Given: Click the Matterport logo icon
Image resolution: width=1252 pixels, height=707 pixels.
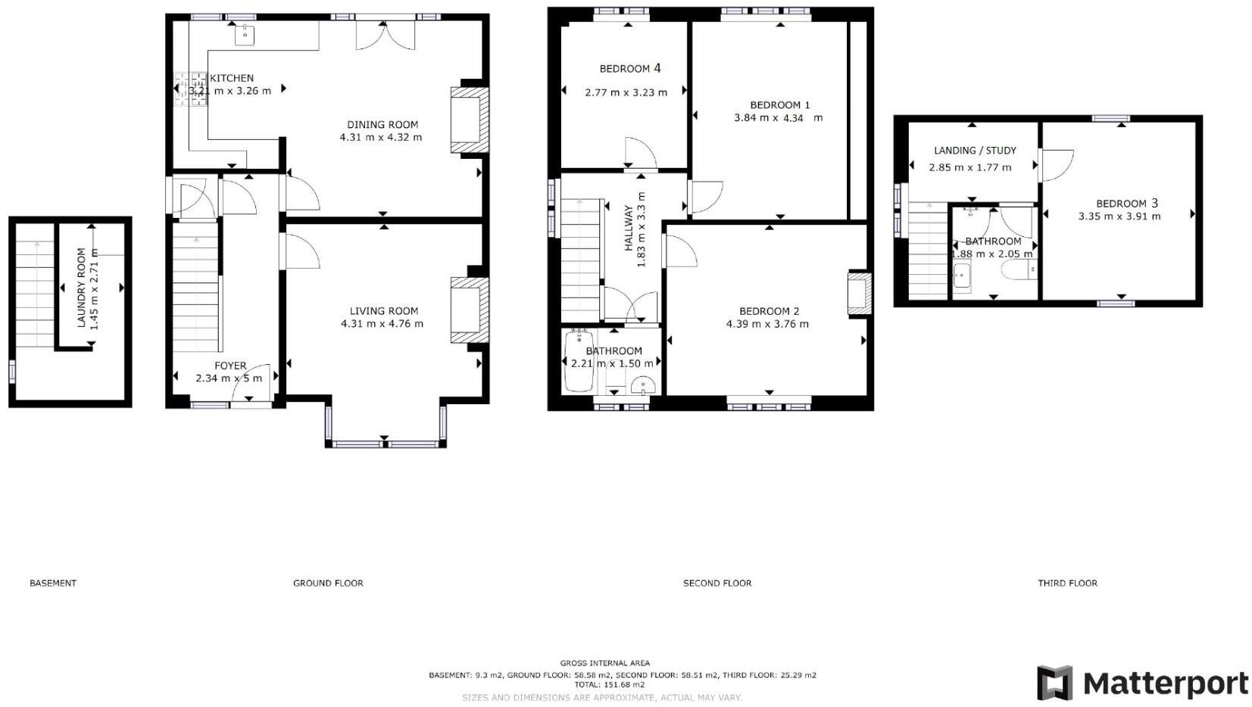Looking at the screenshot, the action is (1055, 683).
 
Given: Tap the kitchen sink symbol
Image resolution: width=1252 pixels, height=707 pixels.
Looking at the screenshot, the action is (245, 35).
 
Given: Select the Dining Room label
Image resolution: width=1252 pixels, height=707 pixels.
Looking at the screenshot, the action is (382, 125).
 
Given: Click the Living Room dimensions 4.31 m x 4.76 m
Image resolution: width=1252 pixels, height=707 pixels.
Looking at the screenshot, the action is (382, 323).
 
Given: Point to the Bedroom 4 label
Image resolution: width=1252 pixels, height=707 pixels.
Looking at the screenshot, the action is (630, 69).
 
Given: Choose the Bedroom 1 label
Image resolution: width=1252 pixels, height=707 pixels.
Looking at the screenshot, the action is (779, 105).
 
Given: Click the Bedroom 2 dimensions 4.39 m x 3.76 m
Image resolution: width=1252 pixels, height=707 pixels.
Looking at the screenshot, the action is (767, 324).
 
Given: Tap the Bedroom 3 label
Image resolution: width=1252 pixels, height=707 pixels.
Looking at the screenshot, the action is (1127, 204).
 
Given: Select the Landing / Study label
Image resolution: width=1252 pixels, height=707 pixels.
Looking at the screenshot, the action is (976, 150).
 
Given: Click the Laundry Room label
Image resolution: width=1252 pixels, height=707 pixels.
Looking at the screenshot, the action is (82, 288).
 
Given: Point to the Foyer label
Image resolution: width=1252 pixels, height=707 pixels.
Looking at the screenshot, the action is (230, 366).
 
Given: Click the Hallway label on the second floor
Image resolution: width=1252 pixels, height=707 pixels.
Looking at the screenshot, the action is (629, 228).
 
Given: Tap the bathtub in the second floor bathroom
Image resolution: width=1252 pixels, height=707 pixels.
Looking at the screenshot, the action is (579, 361).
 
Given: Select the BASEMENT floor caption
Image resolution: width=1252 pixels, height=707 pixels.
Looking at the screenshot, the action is (53, 583).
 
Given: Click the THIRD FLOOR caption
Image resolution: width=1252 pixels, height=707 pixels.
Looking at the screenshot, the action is (1067, 583).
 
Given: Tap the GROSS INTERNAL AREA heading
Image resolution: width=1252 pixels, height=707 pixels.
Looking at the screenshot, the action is (604, 663).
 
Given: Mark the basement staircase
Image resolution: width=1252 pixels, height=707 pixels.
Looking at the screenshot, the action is (35, 285).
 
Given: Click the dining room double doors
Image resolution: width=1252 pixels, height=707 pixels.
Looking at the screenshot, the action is (385, 35).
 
